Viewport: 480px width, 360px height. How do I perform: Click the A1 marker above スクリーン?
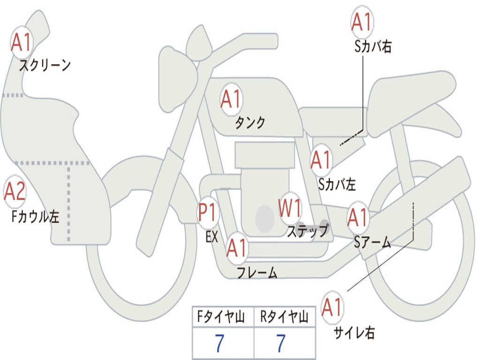[22, 42]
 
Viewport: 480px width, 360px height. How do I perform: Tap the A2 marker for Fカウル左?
[15, 191]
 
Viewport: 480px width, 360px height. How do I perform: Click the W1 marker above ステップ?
[290, 208]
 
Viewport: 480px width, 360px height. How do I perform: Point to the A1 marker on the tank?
[232, 99]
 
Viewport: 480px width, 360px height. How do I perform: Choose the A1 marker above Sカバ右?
[362, 22]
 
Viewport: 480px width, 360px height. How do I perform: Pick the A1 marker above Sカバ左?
[321, 160]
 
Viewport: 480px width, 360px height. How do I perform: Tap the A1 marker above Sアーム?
[358, 217]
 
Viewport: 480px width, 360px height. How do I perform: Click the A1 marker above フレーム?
[237, 248]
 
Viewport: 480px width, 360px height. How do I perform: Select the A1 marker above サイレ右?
[332, 307]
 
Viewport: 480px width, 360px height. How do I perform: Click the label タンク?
[250, 122]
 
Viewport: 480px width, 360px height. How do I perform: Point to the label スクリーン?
[45, 65]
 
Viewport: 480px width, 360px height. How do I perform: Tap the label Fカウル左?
[35, 217]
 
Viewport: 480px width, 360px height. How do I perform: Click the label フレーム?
[257, 272]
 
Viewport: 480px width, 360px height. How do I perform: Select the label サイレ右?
[354, 333]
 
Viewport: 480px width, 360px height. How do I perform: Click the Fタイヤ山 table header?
[221, 317]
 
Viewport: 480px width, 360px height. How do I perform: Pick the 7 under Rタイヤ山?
[281, 344]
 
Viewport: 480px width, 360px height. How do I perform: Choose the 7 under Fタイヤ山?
[219, 344]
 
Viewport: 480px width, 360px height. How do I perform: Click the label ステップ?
[308, 231]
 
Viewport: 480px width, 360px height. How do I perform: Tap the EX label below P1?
[212, 237]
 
